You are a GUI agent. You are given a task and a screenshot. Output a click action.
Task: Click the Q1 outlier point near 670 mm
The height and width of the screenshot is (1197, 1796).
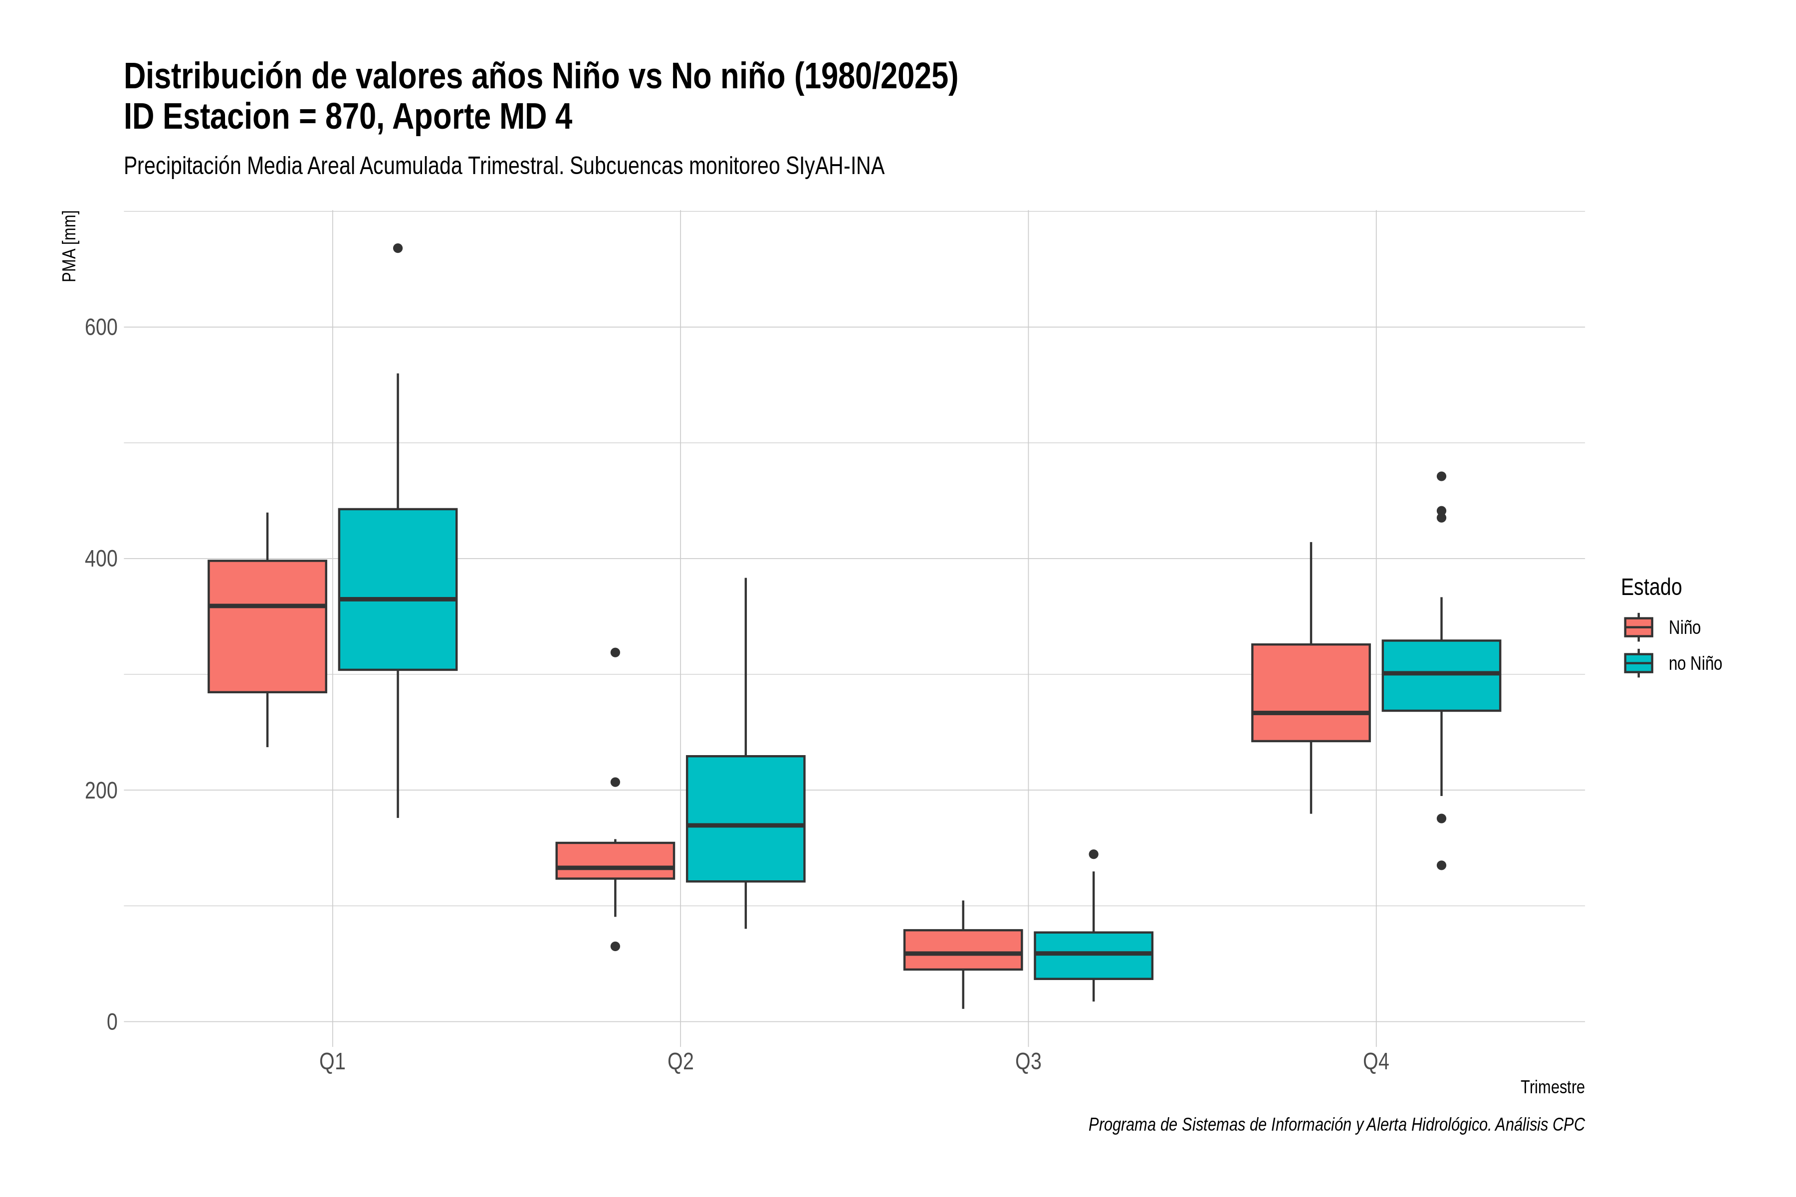398,248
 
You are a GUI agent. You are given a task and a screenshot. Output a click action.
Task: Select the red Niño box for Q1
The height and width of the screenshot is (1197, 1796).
267,626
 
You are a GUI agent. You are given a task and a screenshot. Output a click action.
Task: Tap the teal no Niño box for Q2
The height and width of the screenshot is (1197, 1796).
745,818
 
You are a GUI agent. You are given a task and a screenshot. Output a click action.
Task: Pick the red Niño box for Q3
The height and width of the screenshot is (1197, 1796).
963,950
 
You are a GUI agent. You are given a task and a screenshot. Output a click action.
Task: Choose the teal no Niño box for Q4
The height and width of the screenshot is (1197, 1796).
1441,676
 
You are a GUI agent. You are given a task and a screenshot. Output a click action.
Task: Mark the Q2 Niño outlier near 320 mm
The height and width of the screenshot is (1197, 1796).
616,653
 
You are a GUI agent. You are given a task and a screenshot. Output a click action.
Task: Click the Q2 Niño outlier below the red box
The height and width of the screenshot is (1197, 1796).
616,947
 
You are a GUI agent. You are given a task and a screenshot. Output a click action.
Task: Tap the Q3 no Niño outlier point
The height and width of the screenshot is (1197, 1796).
1094,854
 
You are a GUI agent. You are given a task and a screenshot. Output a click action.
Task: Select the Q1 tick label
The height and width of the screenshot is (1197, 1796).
332,1062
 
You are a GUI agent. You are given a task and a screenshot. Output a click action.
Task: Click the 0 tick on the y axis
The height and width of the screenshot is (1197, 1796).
112,1021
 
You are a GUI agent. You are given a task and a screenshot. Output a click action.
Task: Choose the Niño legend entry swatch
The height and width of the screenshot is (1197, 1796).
1639,627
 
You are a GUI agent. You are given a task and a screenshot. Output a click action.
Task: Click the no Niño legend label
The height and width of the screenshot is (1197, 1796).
1695,663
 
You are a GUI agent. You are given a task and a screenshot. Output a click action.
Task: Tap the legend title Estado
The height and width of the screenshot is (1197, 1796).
1651,587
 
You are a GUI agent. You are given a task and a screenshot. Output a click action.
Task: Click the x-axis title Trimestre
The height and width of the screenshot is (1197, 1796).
1553,1087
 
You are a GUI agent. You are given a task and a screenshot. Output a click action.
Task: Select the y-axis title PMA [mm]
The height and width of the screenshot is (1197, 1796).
69,246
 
